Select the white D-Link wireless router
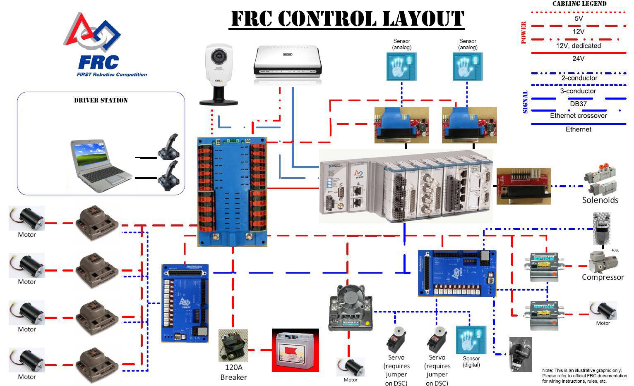click(x=287, y=65)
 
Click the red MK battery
click(x=295, y=350)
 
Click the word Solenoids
click(x=600, y=200)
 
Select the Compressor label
click(x=603, y=277)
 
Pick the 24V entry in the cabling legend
click(x=578, y=59)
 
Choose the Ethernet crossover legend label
click(x=578, y=116)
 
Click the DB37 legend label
click(x=578, y=104)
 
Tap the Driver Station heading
click(x=101, y=100)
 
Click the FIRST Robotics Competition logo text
click(x=112, y=74)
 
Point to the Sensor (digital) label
click(x=471, y=362)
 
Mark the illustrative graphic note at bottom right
click(x=584, y=376)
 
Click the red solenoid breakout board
click(x=524, y=186)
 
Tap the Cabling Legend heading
click(x=579, y=4)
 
